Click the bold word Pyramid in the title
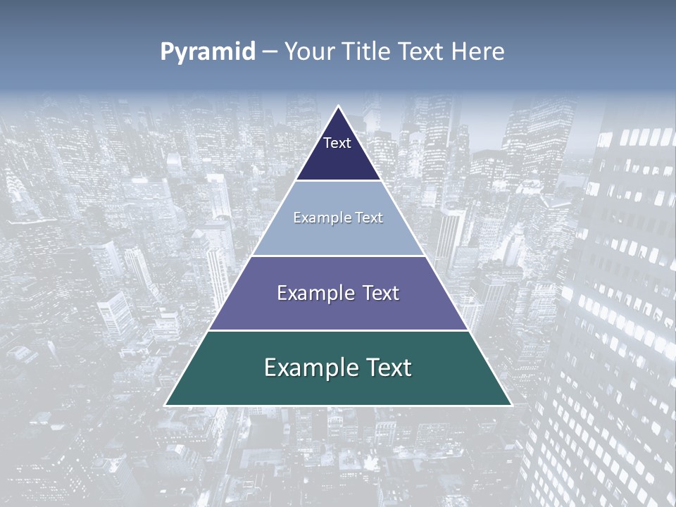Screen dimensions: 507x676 (208, 52)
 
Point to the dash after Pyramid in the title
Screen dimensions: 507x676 (270, 53)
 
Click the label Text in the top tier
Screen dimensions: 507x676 (337, 143)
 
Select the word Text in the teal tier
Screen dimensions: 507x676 (384, 368)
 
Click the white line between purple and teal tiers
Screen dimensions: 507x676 (338, 330)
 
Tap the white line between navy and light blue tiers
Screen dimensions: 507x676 (338, 180)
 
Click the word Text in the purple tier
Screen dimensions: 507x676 (381, 293)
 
